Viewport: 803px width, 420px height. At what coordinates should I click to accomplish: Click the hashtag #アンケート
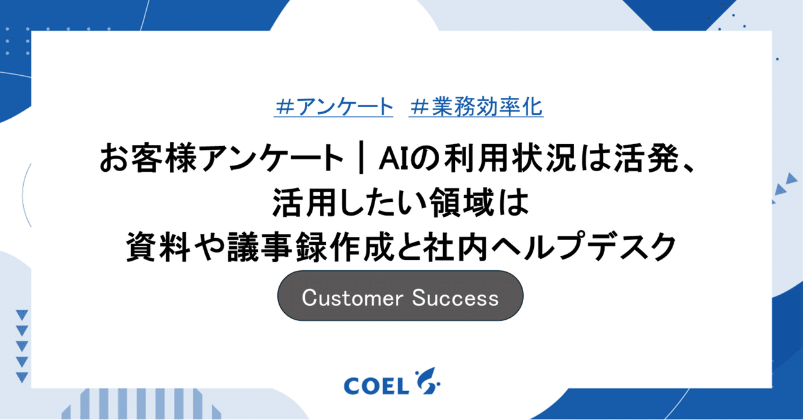pos(334,108)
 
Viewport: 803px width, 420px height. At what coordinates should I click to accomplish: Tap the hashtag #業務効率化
pos(476,108)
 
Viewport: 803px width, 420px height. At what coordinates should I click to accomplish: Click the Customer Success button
pos(400,297)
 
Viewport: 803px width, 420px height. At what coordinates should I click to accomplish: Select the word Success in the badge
pos(455,298)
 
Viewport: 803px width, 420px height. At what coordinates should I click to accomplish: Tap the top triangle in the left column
pos(22,315)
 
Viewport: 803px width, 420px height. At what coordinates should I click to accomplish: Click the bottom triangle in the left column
pos(22,377)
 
